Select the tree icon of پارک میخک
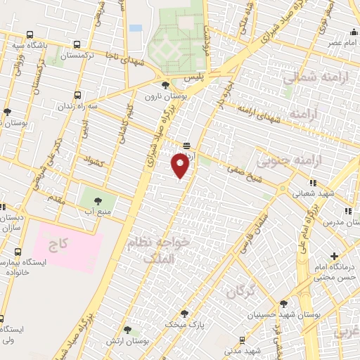[185, 314]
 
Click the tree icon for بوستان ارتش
[127, 329]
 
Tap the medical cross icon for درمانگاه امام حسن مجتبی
[335, 255]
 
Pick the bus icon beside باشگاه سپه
[30, 34]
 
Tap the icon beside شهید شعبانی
[313, 184]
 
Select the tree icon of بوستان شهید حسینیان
[283, 304]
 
